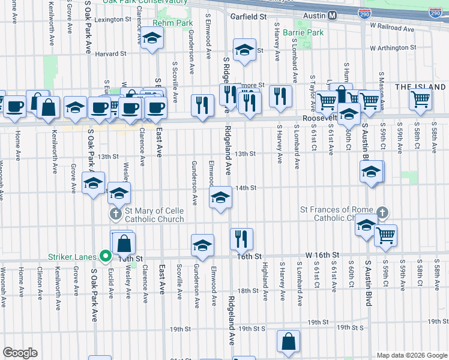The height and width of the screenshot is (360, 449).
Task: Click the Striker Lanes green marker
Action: pyautogui.click(x=106, y=256)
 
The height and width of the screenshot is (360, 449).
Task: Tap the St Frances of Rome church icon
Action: pyautogui.click(x=382, y=213)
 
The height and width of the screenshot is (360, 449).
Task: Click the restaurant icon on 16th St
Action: pyautogui.click(x=242, y=238)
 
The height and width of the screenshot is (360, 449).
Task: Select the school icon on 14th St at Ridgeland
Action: pyautogui.click(x=221, y=197)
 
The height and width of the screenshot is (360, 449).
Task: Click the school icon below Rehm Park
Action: pyautogui.click(x=152, y=39)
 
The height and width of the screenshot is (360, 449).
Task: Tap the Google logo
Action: pyautogui.click(x=20, y=353)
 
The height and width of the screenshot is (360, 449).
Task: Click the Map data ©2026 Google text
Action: pyautogui.click(x=412, y=355)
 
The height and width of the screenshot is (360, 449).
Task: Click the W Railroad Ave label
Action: pyautogui.click(x=393, y=26)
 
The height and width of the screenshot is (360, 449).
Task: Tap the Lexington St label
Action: pyautogui.click(x=113, y=19)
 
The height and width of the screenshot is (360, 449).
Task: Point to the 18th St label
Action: pyautogui.click(x=247, y=291)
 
